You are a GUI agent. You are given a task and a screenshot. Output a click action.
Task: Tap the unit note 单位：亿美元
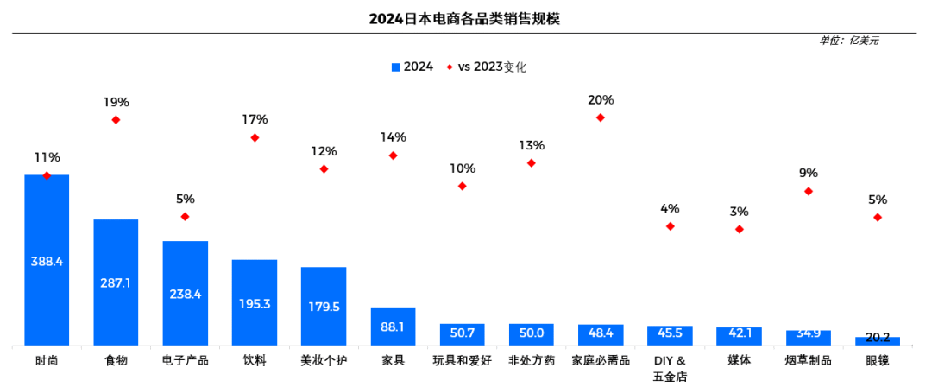(x=850, y=41)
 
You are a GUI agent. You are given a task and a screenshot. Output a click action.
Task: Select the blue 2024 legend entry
(x=412, y=67)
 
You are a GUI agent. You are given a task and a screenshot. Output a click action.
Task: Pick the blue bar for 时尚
(x=47, y=260)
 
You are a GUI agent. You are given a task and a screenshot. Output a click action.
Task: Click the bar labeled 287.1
(x=116, y=282)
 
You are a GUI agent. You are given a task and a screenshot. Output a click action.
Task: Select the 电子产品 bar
(x=186, y=294)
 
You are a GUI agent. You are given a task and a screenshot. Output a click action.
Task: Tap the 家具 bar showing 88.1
(x=393, y=327)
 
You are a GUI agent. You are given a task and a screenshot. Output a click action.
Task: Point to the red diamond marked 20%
(x=601, y=117)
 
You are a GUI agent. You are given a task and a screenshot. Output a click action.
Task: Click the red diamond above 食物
(x=116, y=120)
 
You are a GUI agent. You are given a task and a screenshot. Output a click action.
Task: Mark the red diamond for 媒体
(x=740, y=229)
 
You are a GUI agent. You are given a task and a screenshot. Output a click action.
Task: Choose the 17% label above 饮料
(x=255, y=119)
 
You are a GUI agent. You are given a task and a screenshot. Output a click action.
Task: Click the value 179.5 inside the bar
(x=324, y=306)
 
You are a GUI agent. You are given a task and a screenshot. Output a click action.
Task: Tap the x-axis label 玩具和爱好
(x=462, y=360)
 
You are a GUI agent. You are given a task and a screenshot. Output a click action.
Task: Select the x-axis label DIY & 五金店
(x=670, y=368)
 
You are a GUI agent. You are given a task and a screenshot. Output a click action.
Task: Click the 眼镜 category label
(x=877, y=360)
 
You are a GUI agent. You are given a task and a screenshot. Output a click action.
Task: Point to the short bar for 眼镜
(x=877, y=341)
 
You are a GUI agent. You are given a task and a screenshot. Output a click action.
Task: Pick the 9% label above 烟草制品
(x=809, y=173)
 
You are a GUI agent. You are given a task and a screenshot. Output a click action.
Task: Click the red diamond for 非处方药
(x=532, y=162)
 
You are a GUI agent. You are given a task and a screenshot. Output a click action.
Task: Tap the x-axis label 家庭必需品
(x=601, y=360)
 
